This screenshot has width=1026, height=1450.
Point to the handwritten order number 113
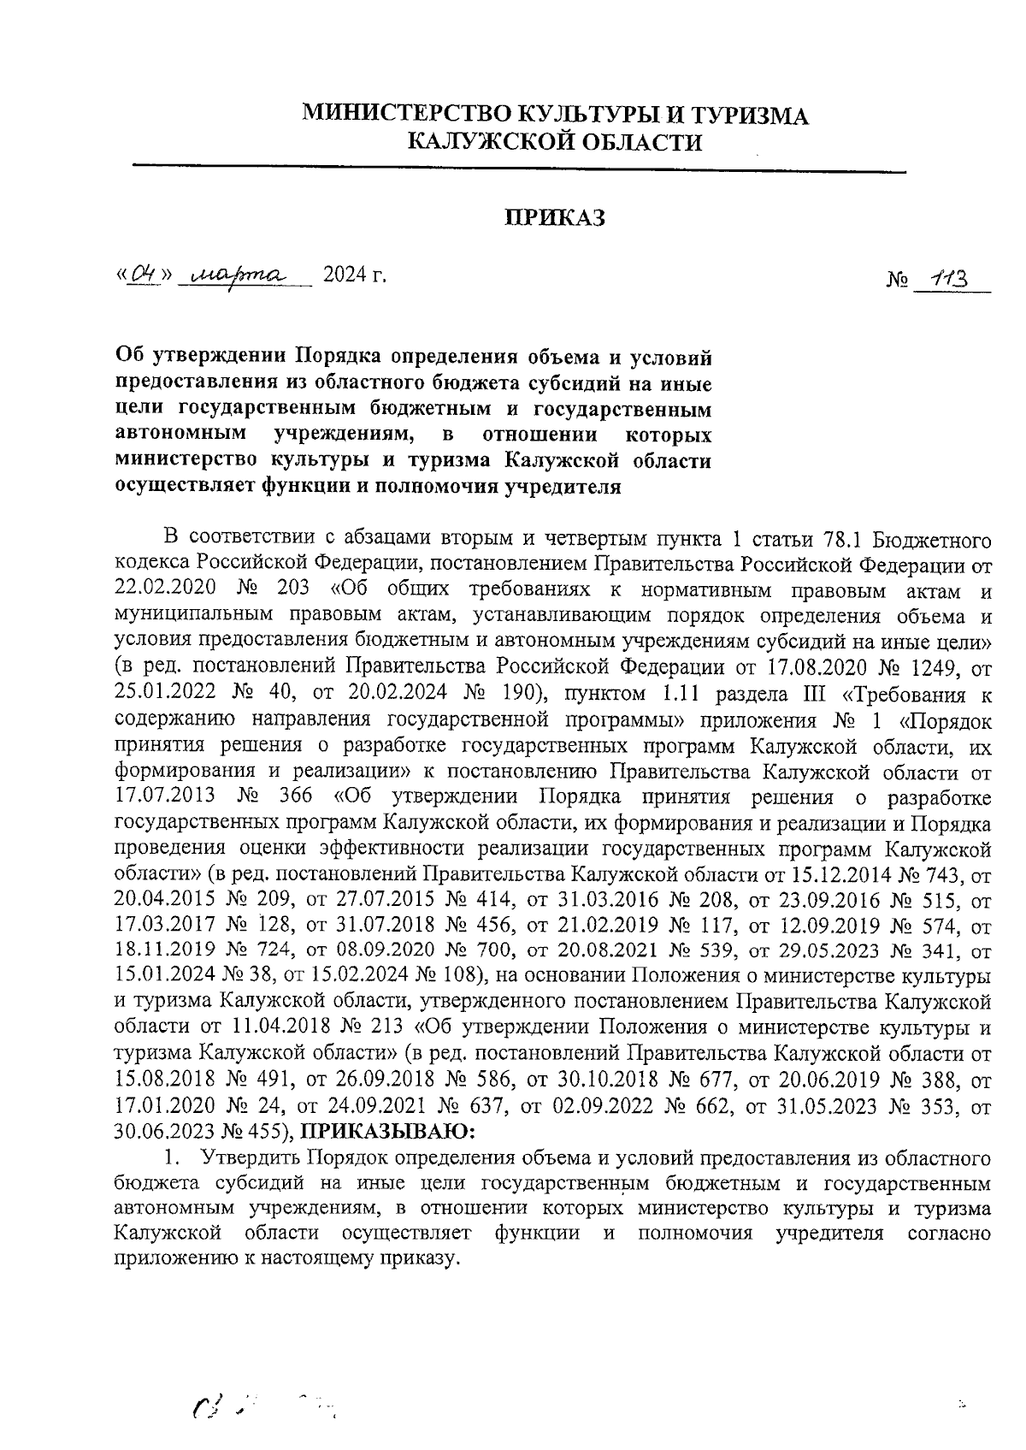coord(947,280)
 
